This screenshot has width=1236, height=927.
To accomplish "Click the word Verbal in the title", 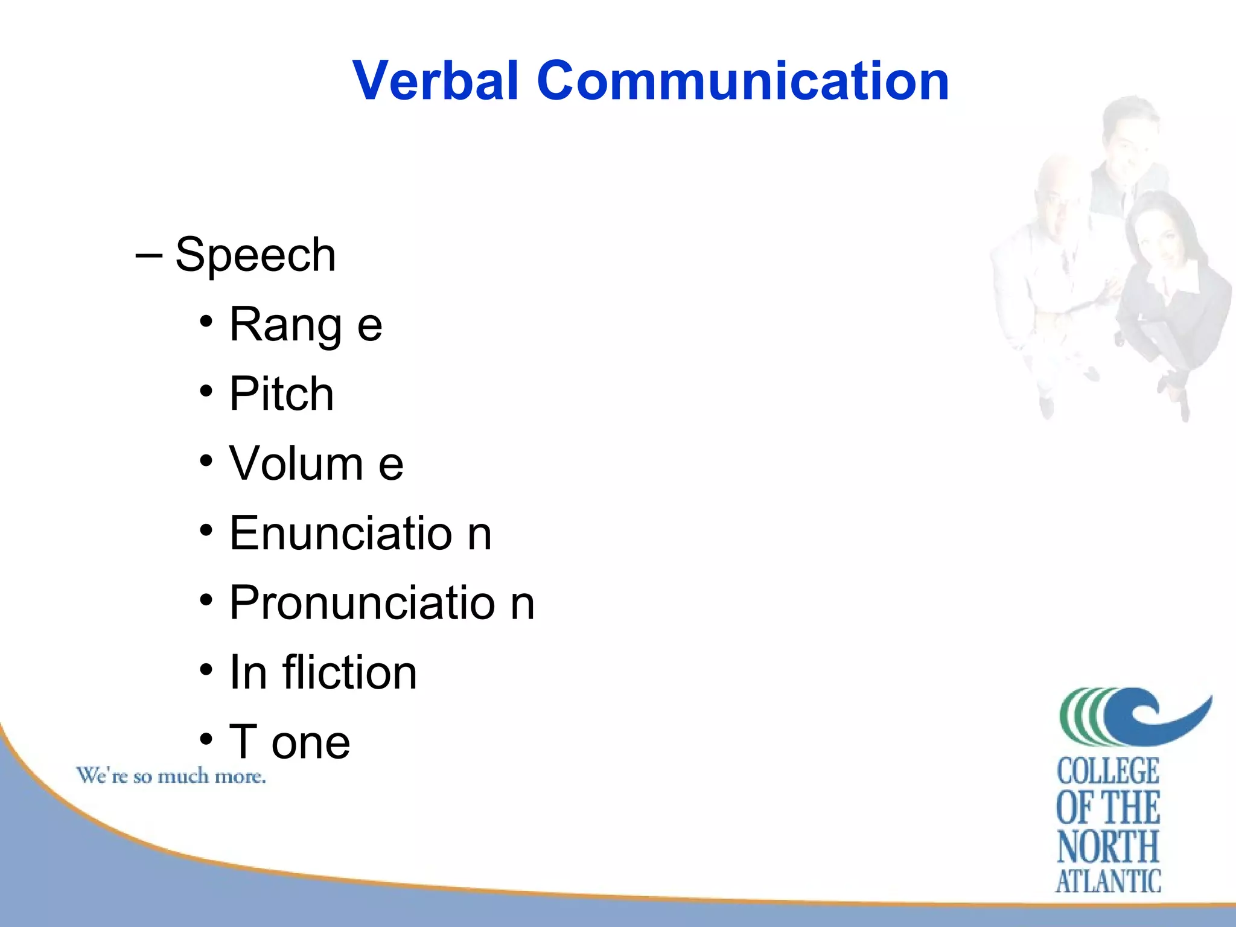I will [x=436, y=81].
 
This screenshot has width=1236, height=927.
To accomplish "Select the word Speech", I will [x=255, y=256].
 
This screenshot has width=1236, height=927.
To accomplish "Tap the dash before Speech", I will [x=148, y=255].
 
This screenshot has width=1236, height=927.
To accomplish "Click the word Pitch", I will [x=281, y=394].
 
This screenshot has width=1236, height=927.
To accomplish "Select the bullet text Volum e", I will [x=316, y=463].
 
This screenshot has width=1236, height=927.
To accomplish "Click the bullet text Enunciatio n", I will [x=360, y=534].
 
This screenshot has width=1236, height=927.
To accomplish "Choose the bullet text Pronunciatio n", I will [x=381, y=603].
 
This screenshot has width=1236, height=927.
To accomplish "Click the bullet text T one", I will [x=290, y=742].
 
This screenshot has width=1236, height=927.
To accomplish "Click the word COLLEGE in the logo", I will [x=1108, y=771].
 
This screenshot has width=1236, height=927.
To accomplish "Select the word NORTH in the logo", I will [x=1108, y=846].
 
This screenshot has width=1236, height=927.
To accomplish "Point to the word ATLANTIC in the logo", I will [x=1108, y=881].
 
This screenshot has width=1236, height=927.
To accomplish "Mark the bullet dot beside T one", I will [x=206, y=739].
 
